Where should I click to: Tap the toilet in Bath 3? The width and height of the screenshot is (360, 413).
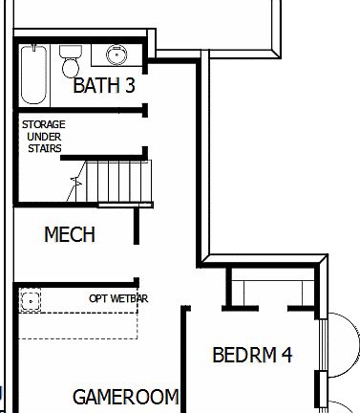click(x=71, y=63)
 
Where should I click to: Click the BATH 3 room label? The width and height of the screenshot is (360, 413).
click(x=104, y=86)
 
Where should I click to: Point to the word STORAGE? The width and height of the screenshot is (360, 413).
click(x=43, y=124)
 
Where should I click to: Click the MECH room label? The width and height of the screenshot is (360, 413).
click(x=70, y=234)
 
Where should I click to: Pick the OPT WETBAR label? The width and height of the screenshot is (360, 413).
click(x=118, y=298)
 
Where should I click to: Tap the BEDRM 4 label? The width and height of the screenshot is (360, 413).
click(x=251, y=356)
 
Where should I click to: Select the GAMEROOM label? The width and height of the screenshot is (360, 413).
click(x=125, y=397)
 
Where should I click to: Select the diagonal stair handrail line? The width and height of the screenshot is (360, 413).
click(x=74, y=187)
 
